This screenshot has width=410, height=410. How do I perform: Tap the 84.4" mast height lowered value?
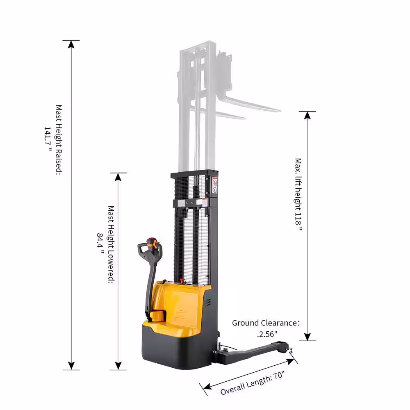point(100,244)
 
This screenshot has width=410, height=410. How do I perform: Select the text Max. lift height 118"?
point(298,194)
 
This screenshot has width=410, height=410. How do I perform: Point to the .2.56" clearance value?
point(267,334)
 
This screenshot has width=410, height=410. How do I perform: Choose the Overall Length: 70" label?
point(252,383)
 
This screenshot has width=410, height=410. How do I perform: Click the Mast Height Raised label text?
point(59,140)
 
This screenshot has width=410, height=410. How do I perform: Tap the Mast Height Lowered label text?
point(111,244)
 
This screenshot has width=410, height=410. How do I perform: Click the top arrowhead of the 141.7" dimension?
point(71,44)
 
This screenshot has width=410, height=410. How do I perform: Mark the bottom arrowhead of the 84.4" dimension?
point(118,366)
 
